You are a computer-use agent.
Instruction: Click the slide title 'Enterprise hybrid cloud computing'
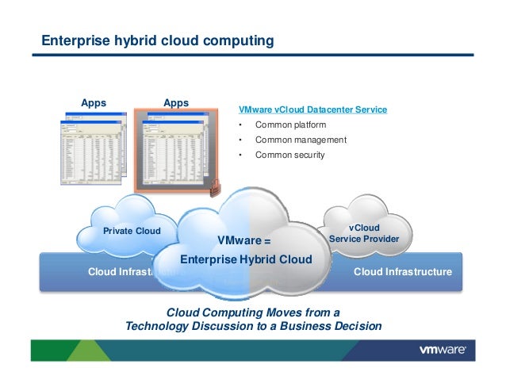[158, 40]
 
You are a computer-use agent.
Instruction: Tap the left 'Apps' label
[94, 102]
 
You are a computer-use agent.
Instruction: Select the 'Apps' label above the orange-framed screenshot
[175, 102]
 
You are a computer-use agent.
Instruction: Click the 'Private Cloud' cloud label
[132, 232]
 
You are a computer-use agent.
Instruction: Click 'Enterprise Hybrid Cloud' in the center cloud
[246, 259]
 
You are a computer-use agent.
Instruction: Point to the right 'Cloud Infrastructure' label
[402, 272]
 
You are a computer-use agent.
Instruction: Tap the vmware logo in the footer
[447, 350]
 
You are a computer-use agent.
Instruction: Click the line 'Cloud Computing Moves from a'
[252, 311]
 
